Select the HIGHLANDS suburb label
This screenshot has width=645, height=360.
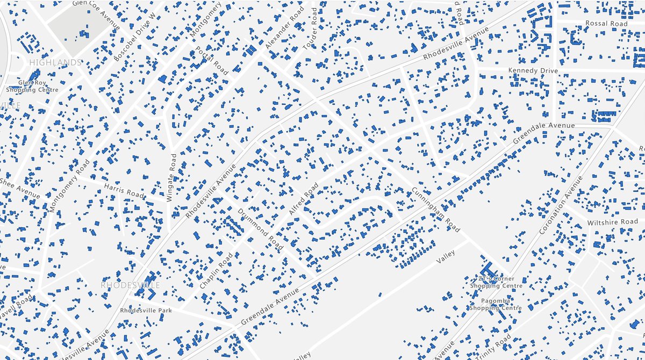55,62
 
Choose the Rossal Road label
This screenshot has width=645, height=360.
606,24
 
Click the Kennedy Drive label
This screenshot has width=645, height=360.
533,71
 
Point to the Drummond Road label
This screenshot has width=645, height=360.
260,229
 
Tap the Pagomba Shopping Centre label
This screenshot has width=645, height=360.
496,304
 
